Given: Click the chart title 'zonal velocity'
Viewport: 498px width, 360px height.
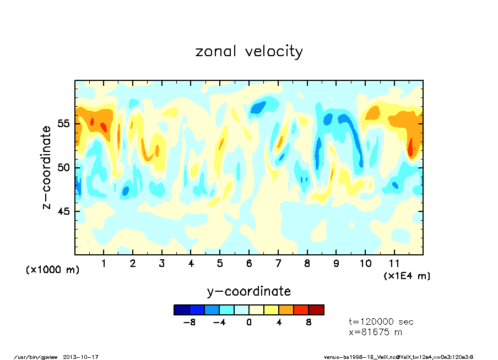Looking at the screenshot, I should click(249, 52).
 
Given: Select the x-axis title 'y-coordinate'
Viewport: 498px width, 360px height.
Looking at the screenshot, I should click(249, 291).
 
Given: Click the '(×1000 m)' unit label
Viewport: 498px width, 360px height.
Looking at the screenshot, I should click(53, 270).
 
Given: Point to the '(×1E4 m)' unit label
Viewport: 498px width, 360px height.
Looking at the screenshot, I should click(407, 275).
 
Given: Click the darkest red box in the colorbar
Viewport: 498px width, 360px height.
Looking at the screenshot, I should click(316, 310).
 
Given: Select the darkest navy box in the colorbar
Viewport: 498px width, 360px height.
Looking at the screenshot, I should click(181, 310).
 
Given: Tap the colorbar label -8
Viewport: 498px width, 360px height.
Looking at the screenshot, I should click(190, 323).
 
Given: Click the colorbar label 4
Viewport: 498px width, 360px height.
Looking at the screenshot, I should click(279, 323).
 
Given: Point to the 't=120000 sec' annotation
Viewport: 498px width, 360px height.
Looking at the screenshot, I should click(381, 321).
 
